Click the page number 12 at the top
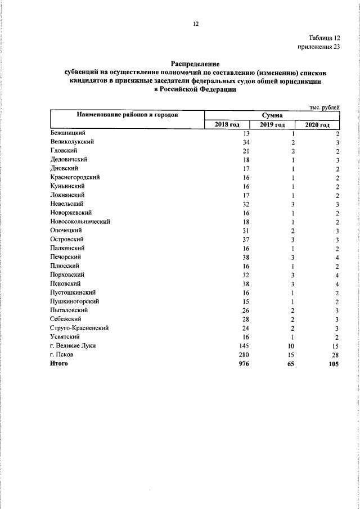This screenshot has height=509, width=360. [196, 24]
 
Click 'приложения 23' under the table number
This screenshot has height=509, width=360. [319, 47]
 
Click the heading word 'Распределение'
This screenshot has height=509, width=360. [195, 65]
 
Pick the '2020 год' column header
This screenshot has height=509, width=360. [317, 124]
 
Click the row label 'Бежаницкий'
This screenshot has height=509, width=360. [67, 133]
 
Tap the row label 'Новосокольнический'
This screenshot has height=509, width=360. [80, 222]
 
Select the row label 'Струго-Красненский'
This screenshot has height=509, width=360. [79, 328]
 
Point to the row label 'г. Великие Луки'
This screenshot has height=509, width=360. [73, 345]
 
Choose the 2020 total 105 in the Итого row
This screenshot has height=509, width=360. [334, 363]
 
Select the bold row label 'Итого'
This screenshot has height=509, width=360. [59, 363]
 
